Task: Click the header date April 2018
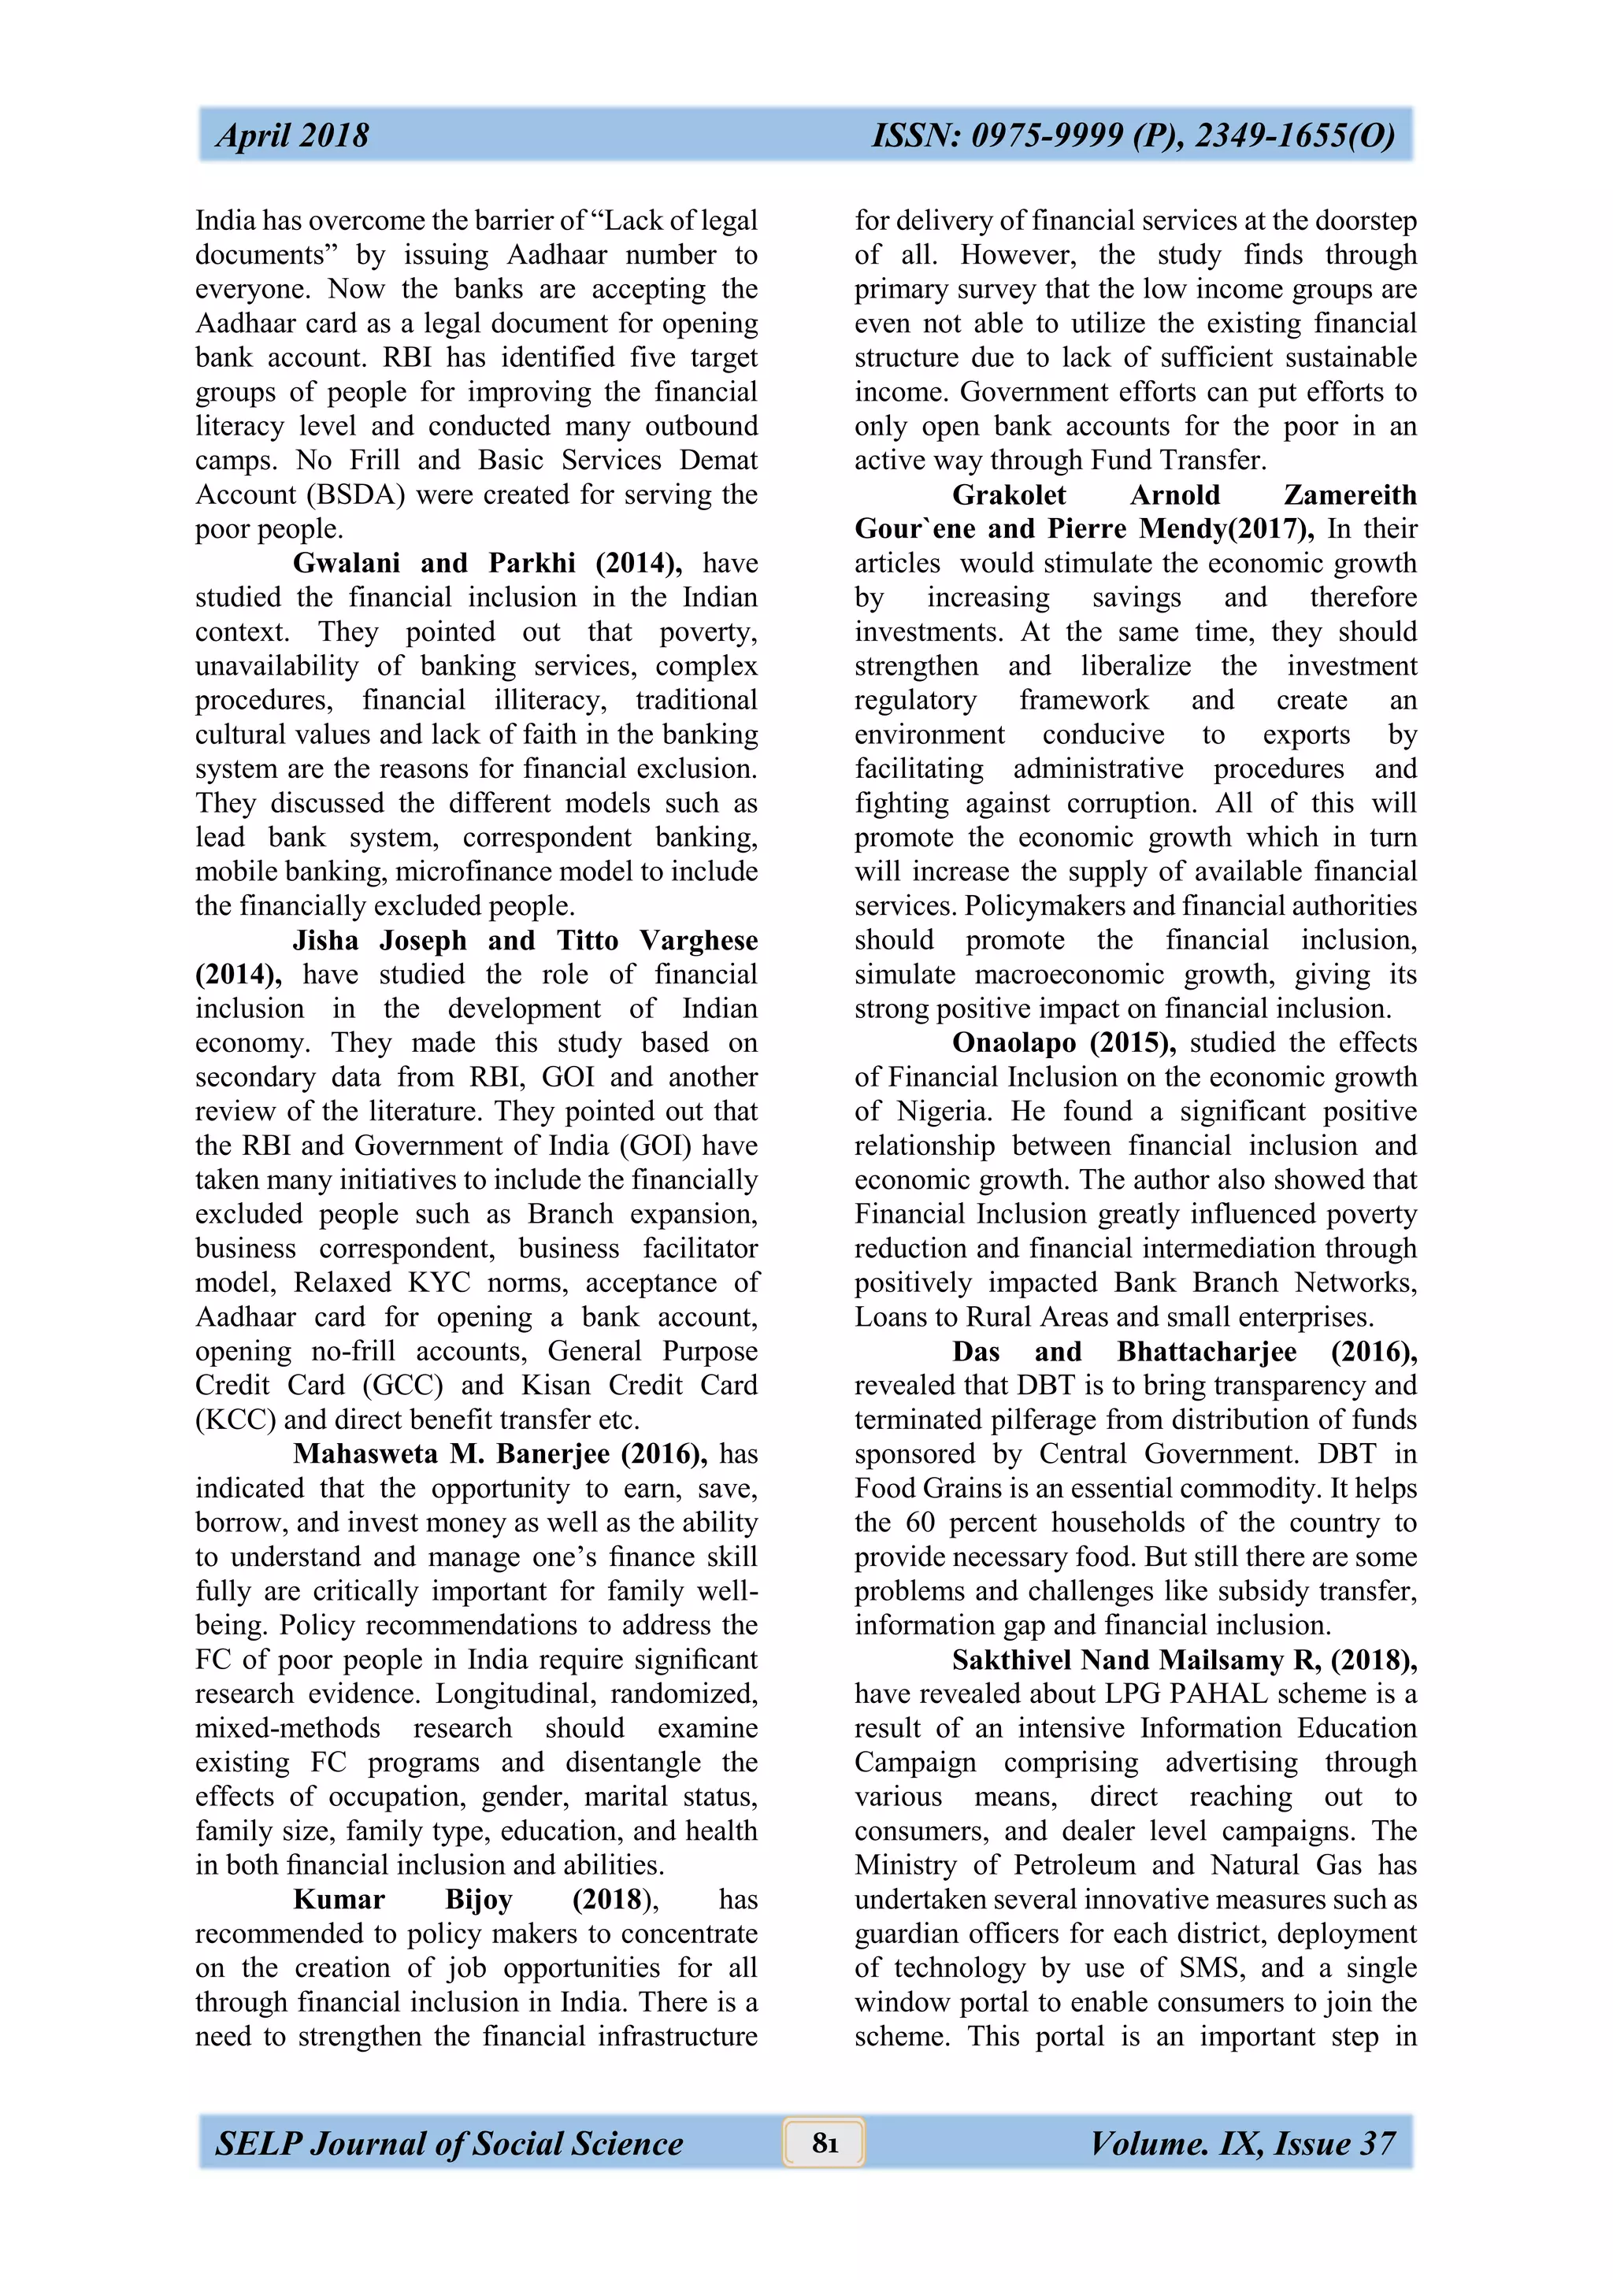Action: pyautogui.click(x=292, y=135)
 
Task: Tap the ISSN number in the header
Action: pyautogui.click(x=1133, y=135)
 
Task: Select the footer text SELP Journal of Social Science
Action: pyautogui.click(x=449, y=2143)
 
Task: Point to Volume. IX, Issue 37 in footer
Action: pyautogui.click(x=1243, y=2143)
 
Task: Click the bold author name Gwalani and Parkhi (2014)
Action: pyautogui.click(x=487, y=563)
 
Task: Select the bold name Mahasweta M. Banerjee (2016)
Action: pyautogui.click(x=499, y=1454)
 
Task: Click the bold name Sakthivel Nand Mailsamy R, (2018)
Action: pyautogui.click(x=1184, y=1660)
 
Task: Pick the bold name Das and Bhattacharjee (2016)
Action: pyautogui.click(x=1184, y=1352)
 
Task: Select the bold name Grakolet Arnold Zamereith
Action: pyautogui.click(x=1184, y=494)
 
